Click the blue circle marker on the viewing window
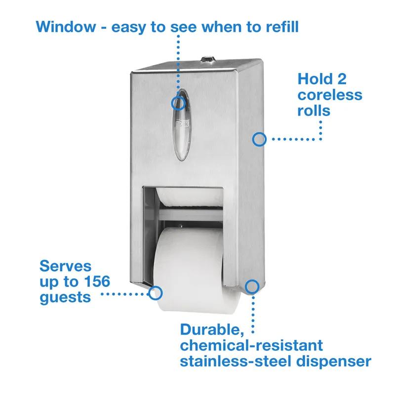178,103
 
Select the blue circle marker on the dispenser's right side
259,139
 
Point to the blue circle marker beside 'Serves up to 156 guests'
156,292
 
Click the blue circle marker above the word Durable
252,286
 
